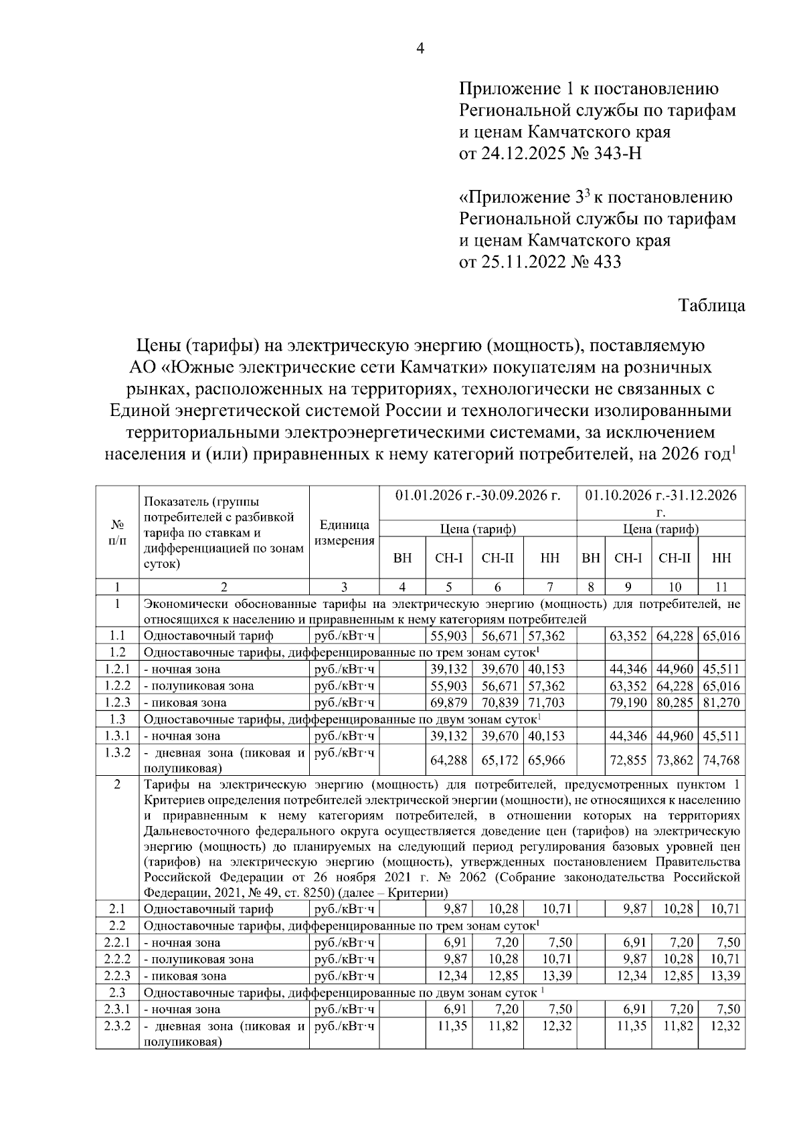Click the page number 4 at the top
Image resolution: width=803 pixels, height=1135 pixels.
tap(420, 48)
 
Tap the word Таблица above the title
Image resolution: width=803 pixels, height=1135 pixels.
tap(712, 306)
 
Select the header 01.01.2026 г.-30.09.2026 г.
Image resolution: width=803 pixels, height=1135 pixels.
tap(478, 496)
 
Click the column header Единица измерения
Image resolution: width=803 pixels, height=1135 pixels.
tap(344, 533)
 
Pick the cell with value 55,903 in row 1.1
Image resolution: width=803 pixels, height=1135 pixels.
tap(450, 636)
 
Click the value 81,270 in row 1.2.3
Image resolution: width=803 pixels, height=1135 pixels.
tap(721, 703)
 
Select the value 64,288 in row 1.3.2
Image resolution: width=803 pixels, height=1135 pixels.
tap(450, 760)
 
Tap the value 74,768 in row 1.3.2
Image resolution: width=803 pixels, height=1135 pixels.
tap(721, 760)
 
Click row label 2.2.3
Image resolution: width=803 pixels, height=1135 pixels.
tap(117, 976)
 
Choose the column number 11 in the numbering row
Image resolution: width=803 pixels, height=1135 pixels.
tap(721, 587)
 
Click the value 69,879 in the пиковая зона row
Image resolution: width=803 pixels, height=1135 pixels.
tap(450, 703)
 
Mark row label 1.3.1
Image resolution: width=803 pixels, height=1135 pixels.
tap(117, 736)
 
